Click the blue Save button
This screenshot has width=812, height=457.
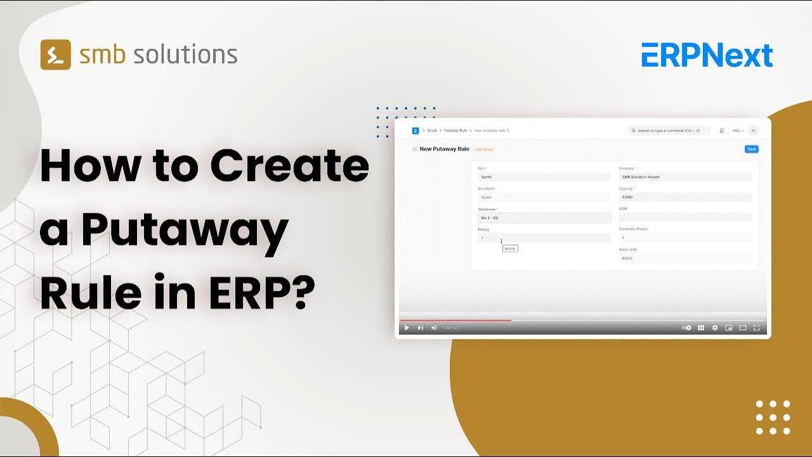tap(751, 149)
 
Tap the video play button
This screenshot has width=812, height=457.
tap(407, 328)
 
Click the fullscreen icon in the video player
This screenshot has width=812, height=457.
tap(756, 328)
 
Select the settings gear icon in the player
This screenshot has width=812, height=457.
tap(715, 328)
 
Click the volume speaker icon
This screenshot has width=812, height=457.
tap(434, 328)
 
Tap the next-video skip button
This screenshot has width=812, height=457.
tap(420, 328)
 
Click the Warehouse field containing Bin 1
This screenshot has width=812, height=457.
tap(544, 218)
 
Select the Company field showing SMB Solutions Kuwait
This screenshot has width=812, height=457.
tap(685, 177)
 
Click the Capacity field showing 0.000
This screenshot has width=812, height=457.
tap(685, 197)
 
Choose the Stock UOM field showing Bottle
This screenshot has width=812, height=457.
tap(685, 258)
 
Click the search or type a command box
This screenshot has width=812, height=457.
tap(669, 131)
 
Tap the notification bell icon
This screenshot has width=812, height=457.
tap(721, 131)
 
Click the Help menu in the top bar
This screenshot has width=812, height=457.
tap(738, 131)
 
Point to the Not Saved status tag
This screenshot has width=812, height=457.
tap(483, 149)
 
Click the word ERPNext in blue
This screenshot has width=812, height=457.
tap(707, 56)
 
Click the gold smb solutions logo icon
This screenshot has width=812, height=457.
tap(56, 55)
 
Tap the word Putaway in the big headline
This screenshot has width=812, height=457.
tap(185, 230)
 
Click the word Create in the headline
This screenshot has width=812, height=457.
tap(289, 165)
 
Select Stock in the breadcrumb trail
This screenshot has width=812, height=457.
tap(432, 131)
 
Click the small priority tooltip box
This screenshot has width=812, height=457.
tap(510, 248)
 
